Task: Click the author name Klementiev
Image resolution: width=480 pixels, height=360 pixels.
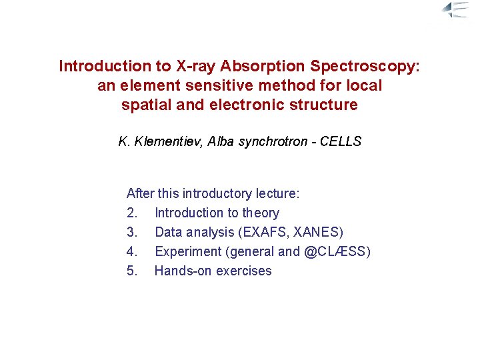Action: [168, 141]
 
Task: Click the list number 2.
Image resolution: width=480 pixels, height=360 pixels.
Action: [132, 213]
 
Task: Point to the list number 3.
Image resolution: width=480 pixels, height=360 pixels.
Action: [132, 232]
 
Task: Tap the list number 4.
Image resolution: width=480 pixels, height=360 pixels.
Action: [132, 251]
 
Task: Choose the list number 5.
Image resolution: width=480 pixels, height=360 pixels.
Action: [132, 271]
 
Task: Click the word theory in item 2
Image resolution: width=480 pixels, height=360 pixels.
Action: [261, 213]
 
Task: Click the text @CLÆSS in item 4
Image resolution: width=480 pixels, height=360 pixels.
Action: [337, 251]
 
